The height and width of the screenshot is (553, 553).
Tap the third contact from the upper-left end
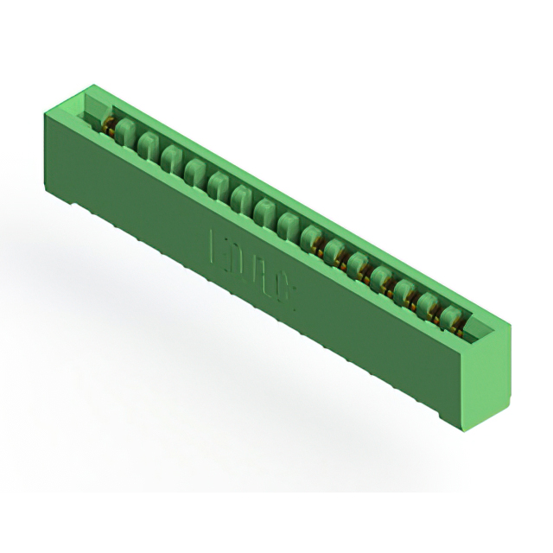[170, 157]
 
